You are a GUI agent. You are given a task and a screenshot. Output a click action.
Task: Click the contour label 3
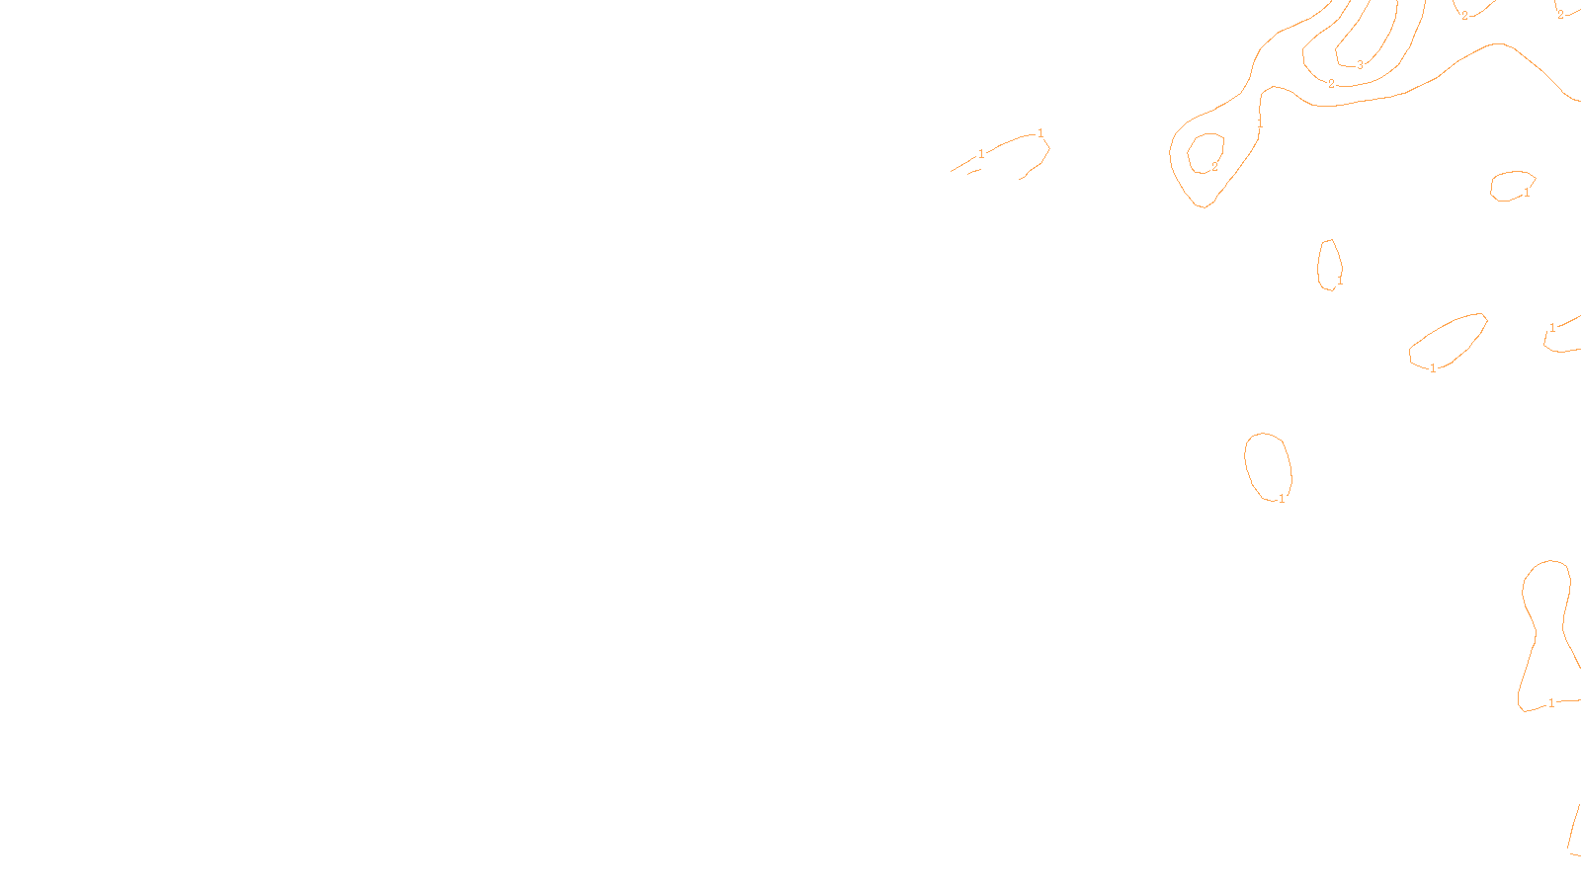(x=1360, y=65)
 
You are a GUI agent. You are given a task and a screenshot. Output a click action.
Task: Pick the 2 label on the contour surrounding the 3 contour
(x=1331, y=84)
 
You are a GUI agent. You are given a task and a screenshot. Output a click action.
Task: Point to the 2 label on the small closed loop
(x=1214, y=167)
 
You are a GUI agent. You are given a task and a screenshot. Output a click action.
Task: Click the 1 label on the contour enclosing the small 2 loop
(x=1260, y=123)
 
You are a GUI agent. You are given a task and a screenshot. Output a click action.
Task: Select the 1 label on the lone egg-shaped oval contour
(x=1282, y=499)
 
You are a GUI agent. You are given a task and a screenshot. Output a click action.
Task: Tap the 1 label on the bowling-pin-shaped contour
(x=1551, y=703)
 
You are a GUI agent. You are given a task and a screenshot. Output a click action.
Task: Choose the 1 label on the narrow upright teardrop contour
(x=1340, y=282)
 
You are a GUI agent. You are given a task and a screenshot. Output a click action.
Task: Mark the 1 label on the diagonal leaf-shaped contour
(x=1433, y=368)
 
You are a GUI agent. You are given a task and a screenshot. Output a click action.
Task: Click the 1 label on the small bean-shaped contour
(x=1527, y=193)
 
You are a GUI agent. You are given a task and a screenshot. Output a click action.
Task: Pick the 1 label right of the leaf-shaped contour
(x=1552, y=328)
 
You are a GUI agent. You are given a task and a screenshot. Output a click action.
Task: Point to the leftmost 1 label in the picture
(x=981, y=154)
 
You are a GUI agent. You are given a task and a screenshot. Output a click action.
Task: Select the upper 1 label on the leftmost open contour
(x=1040, y=133)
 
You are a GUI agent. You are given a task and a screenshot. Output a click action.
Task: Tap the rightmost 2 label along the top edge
(x=1560, y=15)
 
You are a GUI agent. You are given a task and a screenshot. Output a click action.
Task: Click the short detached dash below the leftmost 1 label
(x=974, y=172)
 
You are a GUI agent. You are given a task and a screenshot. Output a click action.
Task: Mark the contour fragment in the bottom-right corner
(x=1573, y=830)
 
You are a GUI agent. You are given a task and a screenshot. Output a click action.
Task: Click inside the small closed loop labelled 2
(x=1206, y=151)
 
